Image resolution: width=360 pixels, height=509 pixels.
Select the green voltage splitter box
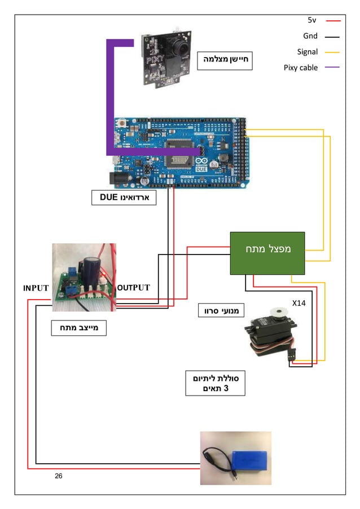[267, 252]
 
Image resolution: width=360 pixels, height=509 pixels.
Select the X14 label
[298, 303]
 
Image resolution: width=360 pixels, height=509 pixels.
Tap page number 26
[59, 476]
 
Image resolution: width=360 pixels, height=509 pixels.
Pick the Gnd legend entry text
[310, 36]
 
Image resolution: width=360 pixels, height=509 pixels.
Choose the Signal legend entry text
[308, 52]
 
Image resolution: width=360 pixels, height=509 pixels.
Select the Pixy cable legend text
[301, 68]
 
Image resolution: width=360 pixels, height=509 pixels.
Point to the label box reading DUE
[124, 198]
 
